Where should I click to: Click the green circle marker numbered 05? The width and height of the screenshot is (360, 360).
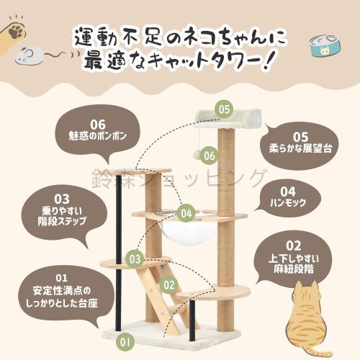[225, 110]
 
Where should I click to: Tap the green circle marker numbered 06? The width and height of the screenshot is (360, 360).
[210, 155]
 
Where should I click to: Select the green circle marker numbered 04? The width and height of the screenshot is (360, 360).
[187, 213]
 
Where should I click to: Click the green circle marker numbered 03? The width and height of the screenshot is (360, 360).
[134, 257]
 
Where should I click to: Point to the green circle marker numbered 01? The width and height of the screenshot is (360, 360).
[125, 341]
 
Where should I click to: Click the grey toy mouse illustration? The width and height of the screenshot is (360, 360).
[32, 54]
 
